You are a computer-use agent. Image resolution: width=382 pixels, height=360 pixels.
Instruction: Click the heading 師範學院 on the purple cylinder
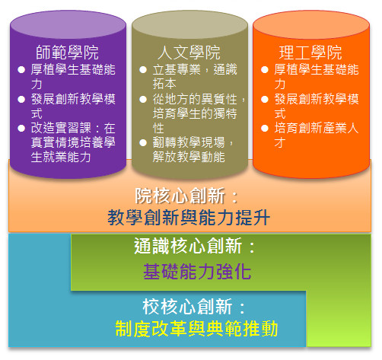pyautogui.click(x=67, y=53)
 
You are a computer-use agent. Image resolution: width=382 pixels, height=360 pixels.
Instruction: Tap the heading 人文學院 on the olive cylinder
pyautogui.click(x=189, y=53)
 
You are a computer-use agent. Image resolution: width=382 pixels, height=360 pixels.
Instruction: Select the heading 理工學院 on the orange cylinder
pyautogui.click(x=310, y=53)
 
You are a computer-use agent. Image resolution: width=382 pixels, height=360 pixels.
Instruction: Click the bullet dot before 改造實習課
pyautogui.click(x=21, y=128)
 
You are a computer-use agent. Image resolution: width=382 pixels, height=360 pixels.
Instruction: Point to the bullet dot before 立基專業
pyautogui.click(x=143, y=70)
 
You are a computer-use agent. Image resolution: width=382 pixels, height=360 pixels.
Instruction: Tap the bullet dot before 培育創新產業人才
pyautogui.click(x=265, y=128)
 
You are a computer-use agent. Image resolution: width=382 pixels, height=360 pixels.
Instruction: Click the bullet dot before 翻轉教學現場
pyautogui.click(x=143, y=142)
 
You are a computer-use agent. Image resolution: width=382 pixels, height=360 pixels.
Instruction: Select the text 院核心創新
pyautogui.click(x=180, y=196)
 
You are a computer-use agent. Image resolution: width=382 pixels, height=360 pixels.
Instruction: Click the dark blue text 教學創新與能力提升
pyautogui.click(x=189, y=218)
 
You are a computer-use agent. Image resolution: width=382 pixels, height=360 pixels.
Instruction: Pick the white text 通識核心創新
pyautogui.click(x=188, y=246)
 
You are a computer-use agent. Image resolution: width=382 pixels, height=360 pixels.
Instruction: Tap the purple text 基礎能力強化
pyautogui.click(x=197, y=272)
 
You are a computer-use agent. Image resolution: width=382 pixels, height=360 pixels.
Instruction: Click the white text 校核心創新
pyautogui.click(x=187, y=307)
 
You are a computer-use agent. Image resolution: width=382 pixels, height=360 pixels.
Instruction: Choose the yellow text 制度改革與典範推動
pyautogui.click(x=196, y=329)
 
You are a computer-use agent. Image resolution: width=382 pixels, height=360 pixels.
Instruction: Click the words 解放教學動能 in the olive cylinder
pyautogui.click(x=189, y=157)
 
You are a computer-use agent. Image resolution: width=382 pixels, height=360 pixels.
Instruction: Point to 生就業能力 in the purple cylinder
pyautogui.click(x=61, y=157)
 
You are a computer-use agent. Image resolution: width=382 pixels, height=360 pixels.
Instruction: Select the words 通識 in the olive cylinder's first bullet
pyautogui.click(x=225, y=69)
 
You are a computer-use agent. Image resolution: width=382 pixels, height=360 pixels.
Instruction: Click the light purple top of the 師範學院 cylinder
pyautogui.click(x=68, y=25)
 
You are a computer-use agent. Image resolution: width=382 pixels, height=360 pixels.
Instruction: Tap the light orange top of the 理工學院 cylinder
pyautogui.click(x=311, y=25)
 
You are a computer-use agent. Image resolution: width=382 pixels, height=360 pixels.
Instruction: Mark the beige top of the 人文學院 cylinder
pyautogui.click(x=189, y=25)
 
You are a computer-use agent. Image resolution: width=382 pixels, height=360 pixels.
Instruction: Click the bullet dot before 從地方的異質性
pyautogui.click(x=143, y=99)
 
